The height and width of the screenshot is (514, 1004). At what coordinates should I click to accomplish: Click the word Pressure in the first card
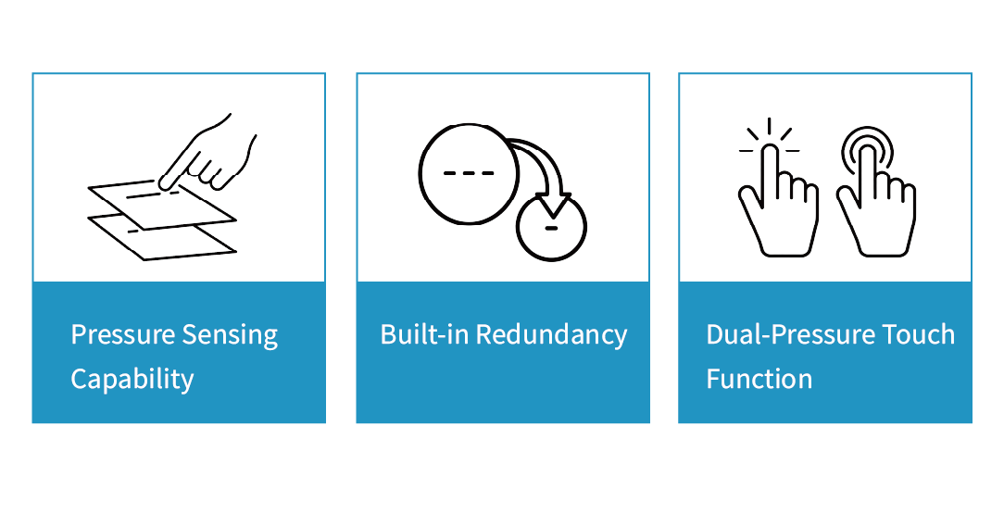pos(122,334)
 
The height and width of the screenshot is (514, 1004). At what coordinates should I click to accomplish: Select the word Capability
pos(132,380)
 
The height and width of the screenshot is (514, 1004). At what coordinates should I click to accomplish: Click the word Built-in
pos(424,334)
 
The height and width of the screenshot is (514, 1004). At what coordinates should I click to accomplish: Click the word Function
pos(759,380)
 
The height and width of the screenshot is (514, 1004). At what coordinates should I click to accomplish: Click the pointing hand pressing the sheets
pos(208,154)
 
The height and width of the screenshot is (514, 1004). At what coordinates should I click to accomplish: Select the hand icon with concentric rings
pos(876,205)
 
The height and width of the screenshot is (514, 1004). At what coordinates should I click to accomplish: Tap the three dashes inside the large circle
pos(469,173)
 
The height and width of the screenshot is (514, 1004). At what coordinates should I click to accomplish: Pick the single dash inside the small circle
pos(551,228)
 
